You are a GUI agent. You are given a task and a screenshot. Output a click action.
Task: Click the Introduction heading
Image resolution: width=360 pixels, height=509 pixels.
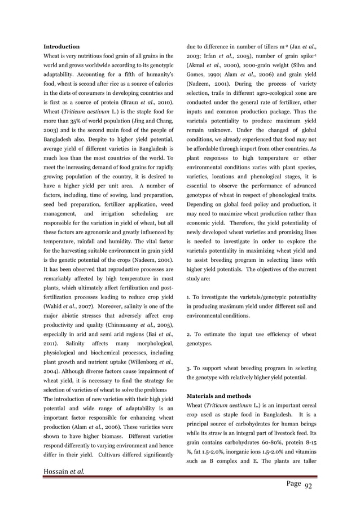[62, 46]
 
